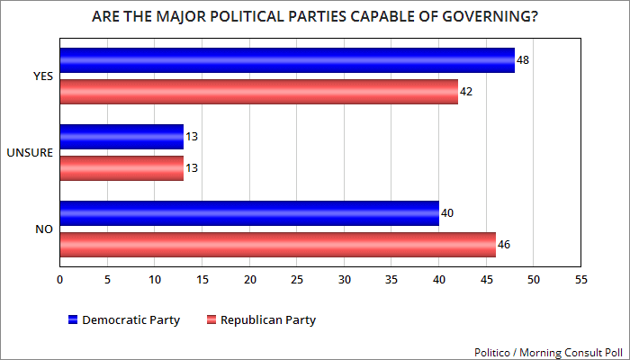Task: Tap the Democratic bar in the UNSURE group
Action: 121,138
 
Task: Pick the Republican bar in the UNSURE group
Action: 121,167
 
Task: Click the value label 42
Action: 465,92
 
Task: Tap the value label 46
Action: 503,245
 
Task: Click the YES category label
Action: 42,76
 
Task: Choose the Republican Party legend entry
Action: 262,319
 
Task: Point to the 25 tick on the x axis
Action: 296,280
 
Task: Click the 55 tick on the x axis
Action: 580,280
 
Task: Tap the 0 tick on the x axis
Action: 59,280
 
